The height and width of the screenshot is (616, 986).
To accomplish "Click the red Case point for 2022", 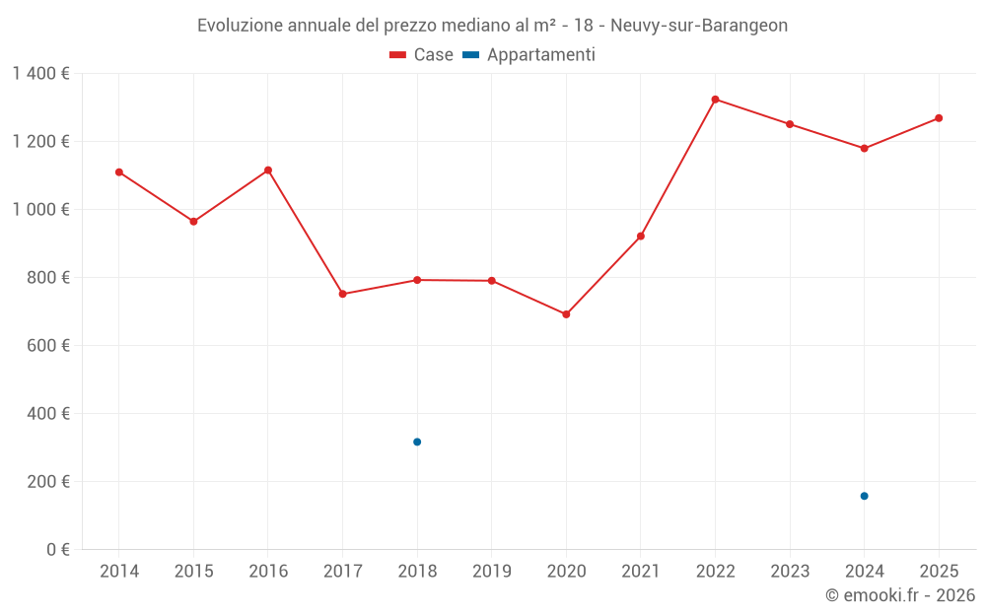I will [x=715, y=100].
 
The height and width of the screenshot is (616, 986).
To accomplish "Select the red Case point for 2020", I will [x=566, y=314].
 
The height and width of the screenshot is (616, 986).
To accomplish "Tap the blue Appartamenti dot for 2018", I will [x=417, y=442].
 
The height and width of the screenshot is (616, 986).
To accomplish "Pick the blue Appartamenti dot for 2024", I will [x=864, y=496].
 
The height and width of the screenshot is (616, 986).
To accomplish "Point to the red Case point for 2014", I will [x=119, y=172].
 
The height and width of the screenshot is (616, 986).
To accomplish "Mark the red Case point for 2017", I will [x=343, y=294].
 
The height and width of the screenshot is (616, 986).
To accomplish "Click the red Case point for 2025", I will [x=939, y=118].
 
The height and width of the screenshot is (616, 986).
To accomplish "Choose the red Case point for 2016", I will [x=268, y=171].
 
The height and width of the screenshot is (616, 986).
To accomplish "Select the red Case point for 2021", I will [x=641, y=237].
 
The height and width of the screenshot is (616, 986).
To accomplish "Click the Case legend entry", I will [x=422, y=55].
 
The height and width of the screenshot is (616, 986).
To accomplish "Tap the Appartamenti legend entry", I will [x=529, y=55].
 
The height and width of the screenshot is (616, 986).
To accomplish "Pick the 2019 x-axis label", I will [x=492, y=572].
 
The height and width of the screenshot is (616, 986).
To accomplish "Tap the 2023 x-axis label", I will [x=790, y=572].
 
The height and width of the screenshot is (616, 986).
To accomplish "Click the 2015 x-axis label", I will [x=193, y=572].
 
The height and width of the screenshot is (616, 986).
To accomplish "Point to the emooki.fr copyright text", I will [x=899, y=595].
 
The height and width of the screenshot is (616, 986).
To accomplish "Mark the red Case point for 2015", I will [x=193, y=222].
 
